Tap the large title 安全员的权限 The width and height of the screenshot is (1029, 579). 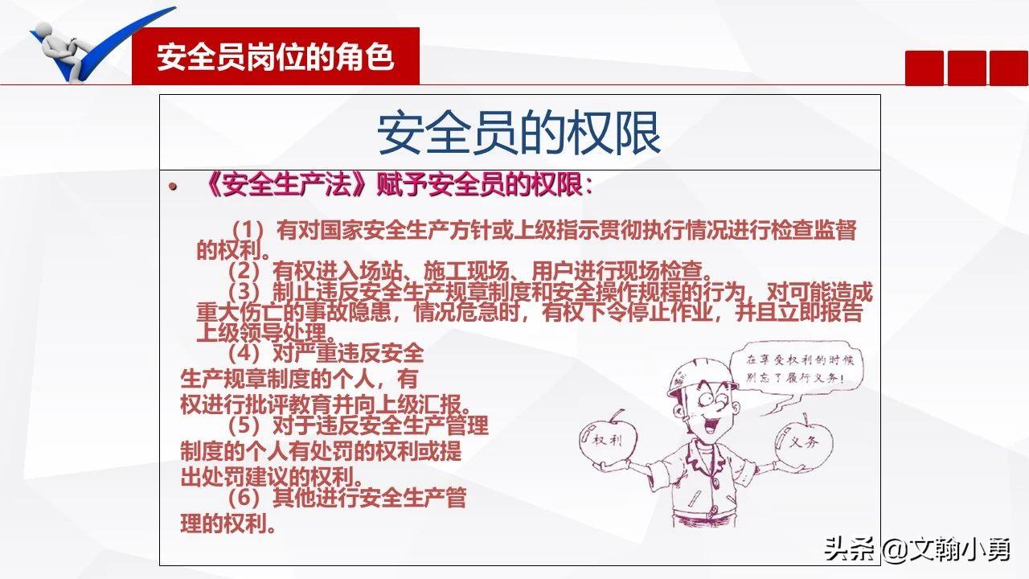(519, 133)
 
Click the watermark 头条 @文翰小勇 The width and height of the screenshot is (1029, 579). (916, 549)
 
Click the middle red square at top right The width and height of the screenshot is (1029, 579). (966, 68)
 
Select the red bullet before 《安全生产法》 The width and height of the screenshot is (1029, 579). (172, 187)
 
